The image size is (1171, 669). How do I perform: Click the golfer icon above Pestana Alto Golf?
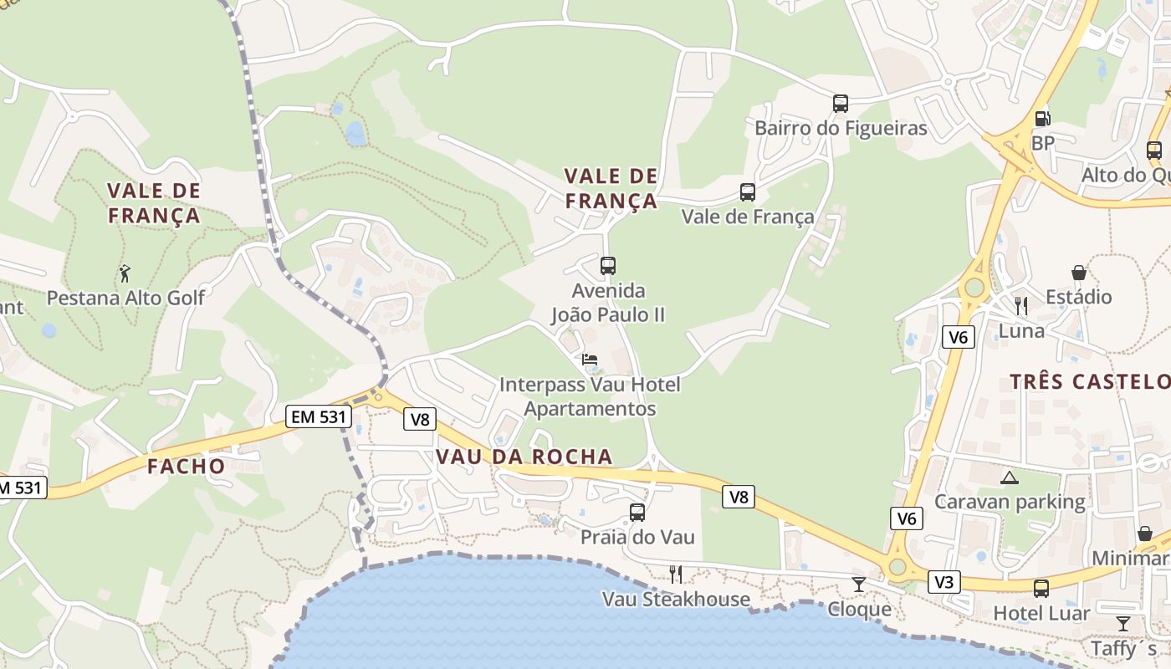point(125,273)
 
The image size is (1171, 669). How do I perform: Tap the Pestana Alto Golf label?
point(125,298)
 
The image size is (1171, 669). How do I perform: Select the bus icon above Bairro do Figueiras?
point(841,104)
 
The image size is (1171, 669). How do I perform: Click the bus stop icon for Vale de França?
point(748,192)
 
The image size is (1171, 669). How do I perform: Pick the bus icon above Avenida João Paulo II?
point(608,266)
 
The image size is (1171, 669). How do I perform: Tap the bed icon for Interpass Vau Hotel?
point(590,360)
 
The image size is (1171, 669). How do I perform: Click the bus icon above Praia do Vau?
point(637,513)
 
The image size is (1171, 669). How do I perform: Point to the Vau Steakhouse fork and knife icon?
point(676,575)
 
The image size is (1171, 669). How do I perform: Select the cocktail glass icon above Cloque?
point(859,585)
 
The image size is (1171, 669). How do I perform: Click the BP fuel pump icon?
point(1042,119)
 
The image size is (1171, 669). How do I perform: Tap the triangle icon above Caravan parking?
point(1010,478)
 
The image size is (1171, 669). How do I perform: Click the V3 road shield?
point(943,582)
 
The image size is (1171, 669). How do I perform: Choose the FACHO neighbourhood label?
point(187,467)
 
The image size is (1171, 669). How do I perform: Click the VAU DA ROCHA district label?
point(524,457)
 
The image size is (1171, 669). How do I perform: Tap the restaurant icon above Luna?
point(1020,305)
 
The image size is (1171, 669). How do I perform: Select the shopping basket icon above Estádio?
point(1079,273)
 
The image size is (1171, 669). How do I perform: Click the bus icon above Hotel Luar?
point(1041,589)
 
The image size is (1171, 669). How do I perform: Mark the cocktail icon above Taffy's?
point(1123,624)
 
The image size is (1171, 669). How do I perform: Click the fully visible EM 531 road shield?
point(316,416)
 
